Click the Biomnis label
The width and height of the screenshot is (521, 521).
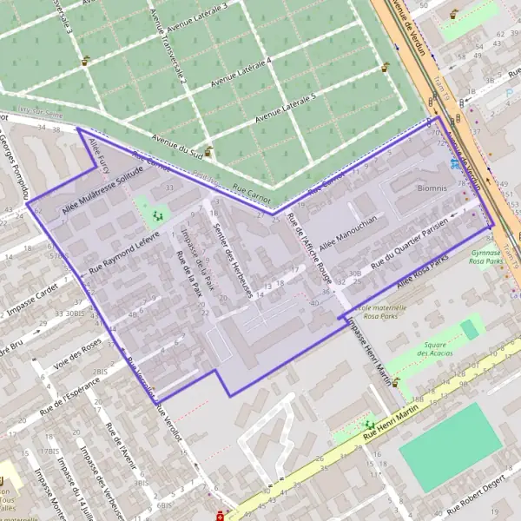tap(431, 187)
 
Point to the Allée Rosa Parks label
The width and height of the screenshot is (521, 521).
tap(422, 272)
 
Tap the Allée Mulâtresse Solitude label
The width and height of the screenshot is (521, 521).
tap(101, 190)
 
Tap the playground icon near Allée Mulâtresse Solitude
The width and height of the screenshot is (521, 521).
tap(157, 213)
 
